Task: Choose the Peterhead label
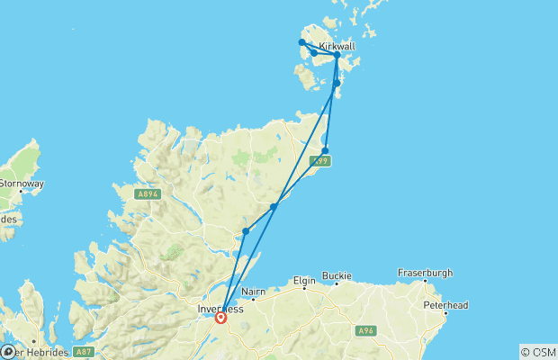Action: [446, 305]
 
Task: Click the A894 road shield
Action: [148, 193]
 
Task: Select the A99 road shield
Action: [319, 161]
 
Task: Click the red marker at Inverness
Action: [220, 317]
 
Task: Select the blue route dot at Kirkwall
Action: [337, 55]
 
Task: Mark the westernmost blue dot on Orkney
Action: [301, 42]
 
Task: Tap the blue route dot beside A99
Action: [325, 150]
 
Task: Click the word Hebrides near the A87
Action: [43, 352]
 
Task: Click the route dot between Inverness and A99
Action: [274, 206]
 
